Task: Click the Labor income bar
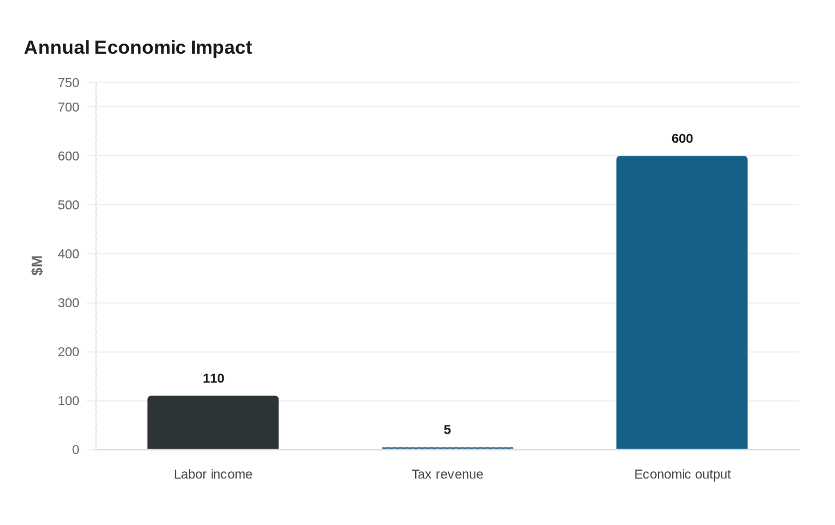tap(213, 422)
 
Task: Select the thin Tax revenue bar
tap(447, 448)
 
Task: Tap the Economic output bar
tap(682, 302)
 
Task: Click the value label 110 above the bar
tap(214, 378)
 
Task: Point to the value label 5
tap(447, 430)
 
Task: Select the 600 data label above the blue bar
tap(682, 138)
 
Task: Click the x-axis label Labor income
tap(213, 474)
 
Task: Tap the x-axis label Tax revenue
tap(447, 474)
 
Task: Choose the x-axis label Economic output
tap(682, 474)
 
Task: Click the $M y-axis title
tap(37, 265)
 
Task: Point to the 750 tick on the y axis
tap(69, 83)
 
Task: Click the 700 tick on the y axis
tap(69, 107)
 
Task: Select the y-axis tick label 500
tap(69, 205)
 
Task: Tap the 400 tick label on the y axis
tap(69, 254)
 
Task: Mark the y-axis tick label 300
tap(69, 303)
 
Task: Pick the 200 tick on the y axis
tap(69, 352)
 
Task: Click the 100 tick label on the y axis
tap(69, 401)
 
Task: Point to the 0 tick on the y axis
tap(76, 450)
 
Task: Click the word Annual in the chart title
tap(57, 47)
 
